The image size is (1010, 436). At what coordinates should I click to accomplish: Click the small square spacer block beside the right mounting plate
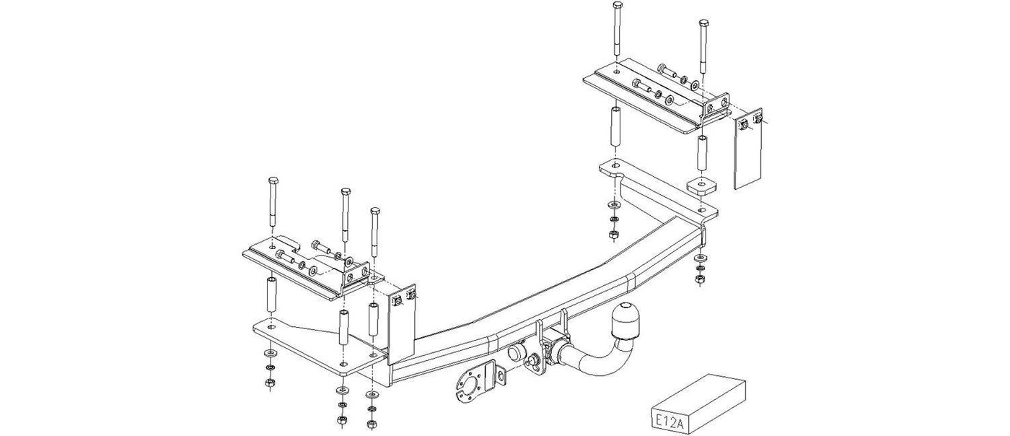(703, 186)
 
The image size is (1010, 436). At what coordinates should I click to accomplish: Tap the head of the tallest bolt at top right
(617, 6)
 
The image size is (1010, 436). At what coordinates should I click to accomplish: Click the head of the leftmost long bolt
(273, 180)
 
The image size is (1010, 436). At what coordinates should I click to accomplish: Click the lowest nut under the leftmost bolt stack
(270, 383)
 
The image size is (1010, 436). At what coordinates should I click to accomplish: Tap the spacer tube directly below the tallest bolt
(615, 126)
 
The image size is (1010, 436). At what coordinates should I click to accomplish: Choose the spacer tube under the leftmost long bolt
(271, 295)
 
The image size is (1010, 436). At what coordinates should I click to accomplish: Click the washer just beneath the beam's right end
(701, 258)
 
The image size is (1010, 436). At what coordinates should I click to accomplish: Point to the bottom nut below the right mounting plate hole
(613, 235)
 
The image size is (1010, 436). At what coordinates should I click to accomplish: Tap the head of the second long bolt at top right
(703, 22)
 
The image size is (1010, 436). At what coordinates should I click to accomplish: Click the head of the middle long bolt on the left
(346, 191)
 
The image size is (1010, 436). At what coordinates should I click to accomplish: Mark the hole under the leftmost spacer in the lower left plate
(270, 326)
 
